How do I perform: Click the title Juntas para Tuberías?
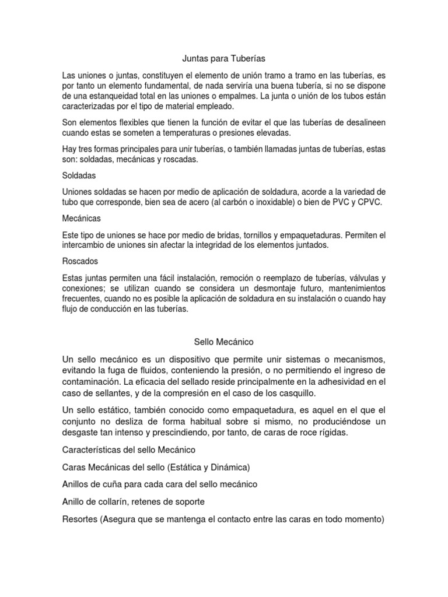[x=223, y=58]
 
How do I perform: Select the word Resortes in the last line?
[x=82, y=518]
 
